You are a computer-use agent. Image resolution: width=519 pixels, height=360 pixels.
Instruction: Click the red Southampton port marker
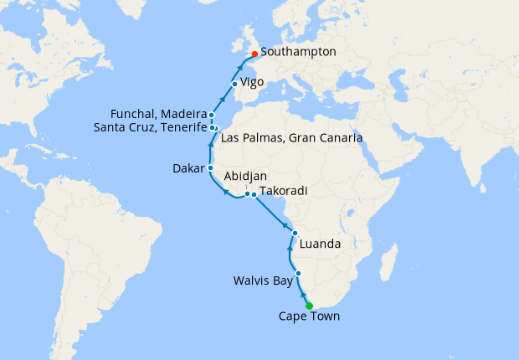coord(254,54)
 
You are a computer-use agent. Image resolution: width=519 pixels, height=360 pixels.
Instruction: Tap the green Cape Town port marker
coord(309,306)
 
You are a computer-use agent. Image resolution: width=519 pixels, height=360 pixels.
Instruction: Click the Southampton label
coord(300,52)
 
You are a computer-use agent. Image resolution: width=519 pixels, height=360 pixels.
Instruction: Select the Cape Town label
coord(310,316)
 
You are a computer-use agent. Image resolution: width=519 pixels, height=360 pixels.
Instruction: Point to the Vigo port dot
coord(234,83)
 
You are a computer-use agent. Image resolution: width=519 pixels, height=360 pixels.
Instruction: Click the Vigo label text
coord(252,83)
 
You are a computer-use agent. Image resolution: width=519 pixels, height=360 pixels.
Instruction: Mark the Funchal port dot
coord(212,116)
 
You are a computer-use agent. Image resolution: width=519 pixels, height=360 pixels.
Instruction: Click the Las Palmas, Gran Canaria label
coord(292,136)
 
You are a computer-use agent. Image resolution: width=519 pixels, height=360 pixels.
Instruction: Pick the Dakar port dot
coord(210,167)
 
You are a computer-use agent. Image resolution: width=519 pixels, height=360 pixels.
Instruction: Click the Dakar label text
coord(187,167)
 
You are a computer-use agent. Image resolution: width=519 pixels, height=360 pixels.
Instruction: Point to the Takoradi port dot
coord(254,195)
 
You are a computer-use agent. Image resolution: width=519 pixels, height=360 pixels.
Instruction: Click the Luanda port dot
coord(295,233)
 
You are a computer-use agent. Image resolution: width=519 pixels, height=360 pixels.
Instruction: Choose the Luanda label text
coord(318,244)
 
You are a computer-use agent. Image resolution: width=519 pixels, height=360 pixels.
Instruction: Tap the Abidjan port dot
coord(247,194)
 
